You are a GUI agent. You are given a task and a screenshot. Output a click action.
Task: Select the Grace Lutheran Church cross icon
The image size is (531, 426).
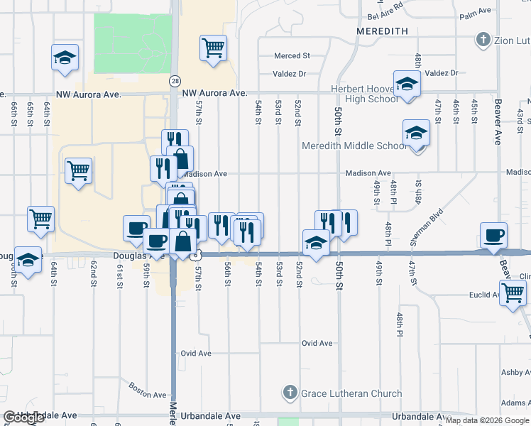click(290, 393)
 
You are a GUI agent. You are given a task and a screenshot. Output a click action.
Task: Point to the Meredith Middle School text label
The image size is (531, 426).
click(354, 146)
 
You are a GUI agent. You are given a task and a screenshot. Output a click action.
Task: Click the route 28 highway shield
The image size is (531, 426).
click(175, 82)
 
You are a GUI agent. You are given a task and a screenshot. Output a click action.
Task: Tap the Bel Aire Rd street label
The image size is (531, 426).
click(385, 16)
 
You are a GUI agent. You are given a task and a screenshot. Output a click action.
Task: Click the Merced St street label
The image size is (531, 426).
click(292, 55)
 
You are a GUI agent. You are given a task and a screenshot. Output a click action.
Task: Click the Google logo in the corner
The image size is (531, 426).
click(23, 417)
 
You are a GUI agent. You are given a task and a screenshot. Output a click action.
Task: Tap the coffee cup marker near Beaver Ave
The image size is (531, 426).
click(493, 235)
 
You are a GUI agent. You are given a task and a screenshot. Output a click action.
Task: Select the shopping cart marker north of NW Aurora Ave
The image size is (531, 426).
click(213, 49)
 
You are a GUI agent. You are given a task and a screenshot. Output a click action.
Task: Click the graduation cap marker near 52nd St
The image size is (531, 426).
click(316, 243)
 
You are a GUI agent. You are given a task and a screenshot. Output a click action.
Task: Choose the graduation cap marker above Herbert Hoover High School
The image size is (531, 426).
click(407, 84)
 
